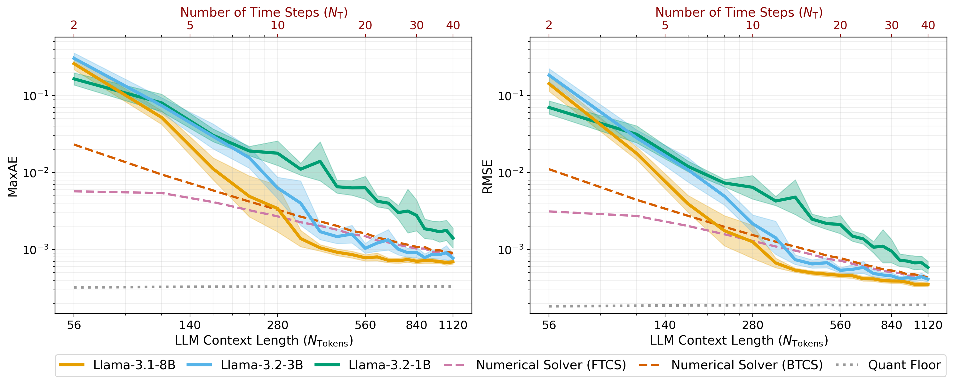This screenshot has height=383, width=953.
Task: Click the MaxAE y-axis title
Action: [12, 177]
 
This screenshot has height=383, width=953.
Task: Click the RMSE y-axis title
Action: [488, 177]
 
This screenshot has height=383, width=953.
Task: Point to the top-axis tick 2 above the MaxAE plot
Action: [74, 25]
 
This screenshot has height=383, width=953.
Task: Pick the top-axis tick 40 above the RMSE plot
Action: [928, 25]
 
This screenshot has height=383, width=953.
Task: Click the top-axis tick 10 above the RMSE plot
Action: [752, 25]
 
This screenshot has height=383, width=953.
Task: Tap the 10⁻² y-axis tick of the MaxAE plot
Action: [36, 173]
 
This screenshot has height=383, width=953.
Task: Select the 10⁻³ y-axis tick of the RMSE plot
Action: [511, 250]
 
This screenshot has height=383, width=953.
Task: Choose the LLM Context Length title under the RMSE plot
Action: [739, 341]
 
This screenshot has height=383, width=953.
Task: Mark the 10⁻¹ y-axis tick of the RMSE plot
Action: [511, 96]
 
